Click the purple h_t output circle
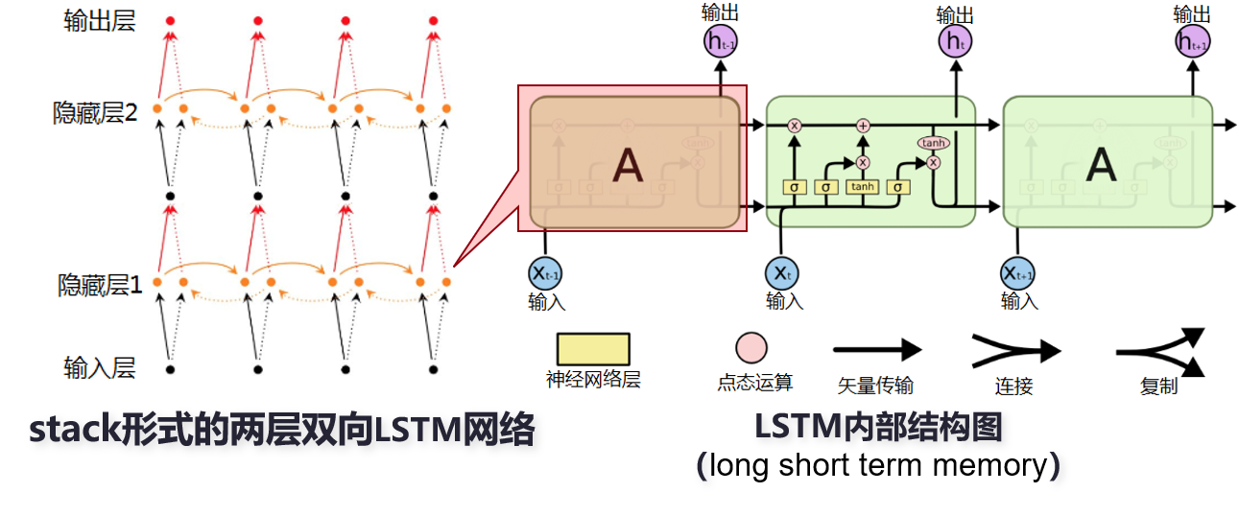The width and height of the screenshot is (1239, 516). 955,40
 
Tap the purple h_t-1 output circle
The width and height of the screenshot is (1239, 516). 721,40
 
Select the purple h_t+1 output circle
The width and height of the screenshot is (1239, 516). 1192,40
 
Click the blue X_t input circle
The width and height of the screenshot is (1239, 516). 783,273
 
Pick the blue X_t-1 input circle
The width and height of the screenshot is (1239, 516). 545,273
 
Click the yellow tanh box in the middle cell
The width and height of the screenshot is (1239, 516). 862,187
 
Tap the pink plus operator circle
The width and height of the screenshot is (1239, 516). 863,126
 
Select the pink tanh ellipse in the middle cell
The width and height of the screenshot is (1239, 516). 932,143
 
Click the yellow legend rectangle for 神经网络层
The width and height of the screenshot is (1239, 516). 593,349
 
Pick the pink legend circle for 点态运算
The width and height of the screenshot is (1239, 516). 751,348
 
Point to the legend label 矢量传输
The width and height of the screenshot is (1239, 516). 875,386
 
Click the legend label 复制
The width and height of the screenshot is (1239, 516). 1158,387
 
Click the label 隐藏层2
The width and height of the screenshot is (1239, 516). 96,112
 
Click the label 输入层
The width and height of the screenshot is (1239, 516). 100,367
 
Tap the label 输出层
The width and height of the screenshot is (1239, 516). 100,21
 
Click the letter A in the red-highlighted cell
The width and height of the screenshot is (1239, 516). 628,165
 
